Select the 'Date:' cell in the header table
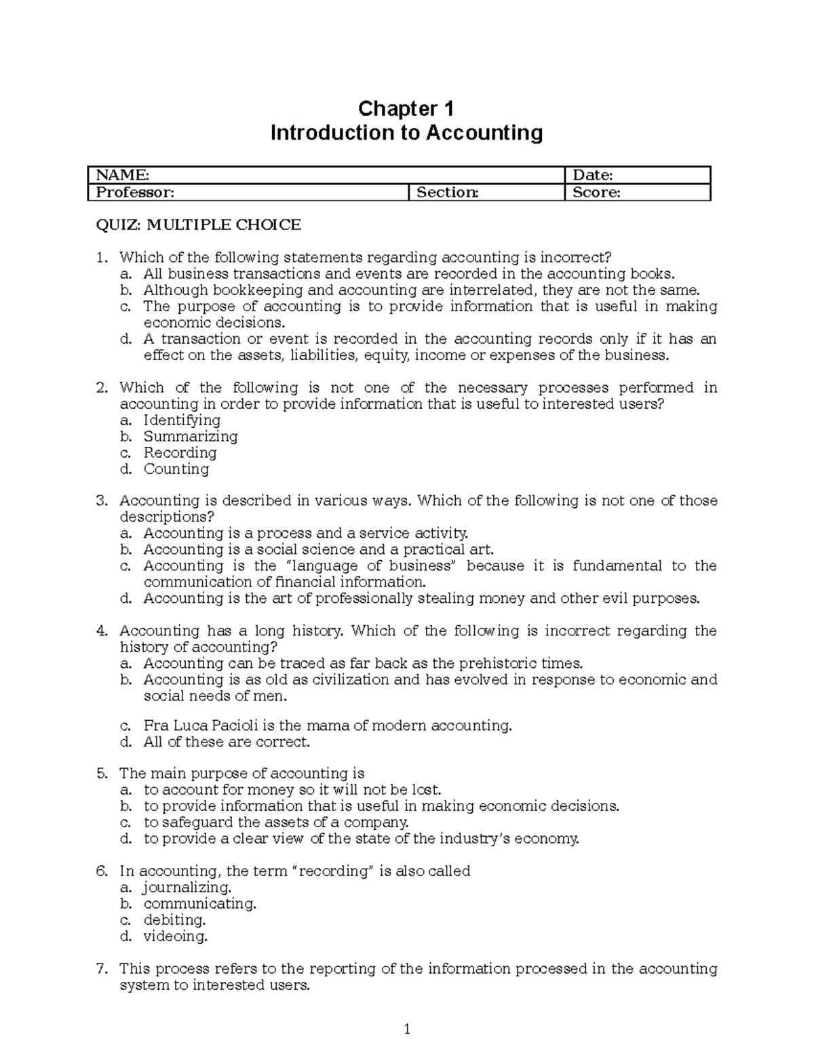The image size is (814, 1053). (593, 176)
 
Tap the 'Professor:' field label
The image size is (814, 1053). (134, 192)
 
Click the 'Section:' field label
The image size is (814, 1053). (447, 192)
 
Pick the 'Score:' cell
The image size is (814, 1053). (596, 192)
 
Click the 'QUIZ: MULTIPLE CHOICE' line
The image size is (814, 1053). (198, 224)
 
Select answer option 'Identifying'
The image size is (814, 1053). (181, 420)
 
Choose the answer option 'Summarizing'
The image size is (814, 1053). (190, 436)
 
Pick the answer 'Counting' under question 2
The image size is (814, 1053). (176, 469)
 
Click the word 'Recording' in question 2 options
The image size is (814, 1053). (180, 452)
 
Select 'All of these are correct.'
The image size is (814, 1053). (226, 742)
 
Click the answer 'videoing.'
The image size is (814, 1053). (175, 936)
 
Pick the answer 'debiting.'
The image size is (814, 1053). (174, 919)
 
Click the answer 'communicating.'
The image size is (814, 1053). (199, 903)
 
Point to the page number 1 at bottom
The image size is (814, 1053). (407, 1030)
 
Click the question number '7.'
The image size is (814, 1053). (102, 968)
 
